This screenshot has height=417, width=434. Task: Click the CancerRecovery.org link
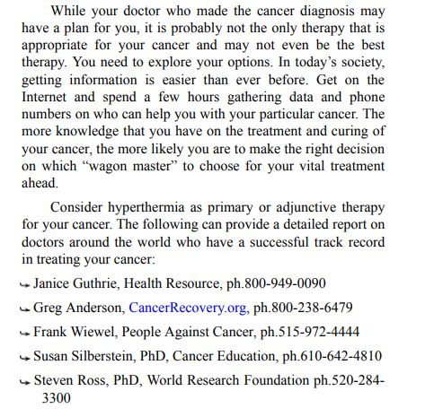pyautogui.click(x=189, y=307)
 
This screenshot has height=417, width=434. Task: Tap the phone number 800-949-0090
pyautogui.click(x=283, y=282)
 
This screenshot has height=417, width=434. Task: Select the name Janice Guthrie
pyautogui.click(x=71, y=282)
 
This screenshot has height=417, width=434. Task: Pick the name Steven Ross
pyautogui.click(x=66, y=379)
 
